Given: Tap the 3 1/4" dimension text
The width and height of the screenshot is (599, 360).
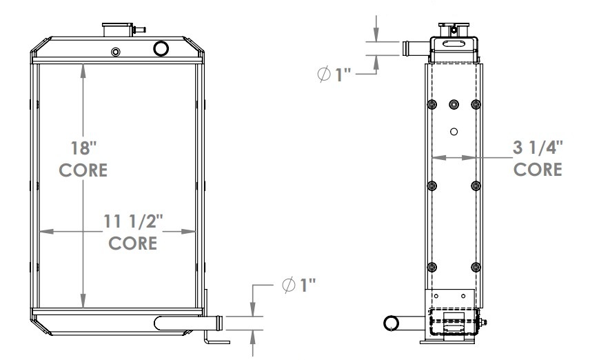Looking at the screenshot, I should pos(538,147).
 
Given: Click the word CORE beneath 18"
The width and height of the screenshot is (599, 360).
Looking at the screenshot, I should pos(83,170).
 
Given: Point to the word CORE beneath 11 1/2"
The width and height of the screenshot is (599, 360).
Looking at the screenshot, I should pos(132,243).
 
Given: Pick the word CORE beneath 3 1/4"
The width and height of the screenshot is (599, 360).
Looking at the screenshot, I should pos(538,170).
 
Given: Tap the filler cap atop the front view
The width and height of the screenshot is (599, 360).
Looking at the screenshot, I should pos(116,30).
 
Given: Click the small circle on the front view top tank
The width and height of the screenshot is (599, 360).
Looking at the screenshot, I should pos(115,52).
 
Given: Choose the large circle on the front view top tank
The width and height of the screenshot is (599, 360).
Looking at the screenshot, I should pos(161,48).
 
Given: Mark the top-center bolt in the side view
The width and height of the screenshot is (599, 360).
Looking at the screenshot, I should pos(454,104).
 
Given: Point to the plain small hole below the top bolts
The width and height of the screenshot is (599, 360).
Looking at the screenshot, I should pos(454,132).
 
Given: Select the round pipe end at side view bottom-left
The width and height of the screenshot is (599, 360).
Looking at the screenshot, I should pos(392,323).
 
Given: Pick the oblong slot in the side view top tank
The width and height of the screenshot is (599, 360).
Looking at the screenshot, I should pos(454,45).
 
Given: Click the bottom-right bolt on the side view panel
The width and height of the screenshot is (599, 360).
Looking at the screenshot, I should pos(476,267).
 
